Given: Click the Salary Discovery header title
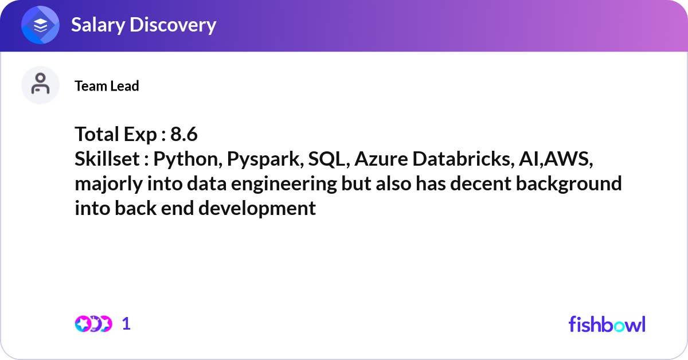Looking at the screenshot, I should [x=143, y=25].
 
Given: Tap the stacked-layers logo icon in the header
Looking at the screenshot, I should [x=41, y=25].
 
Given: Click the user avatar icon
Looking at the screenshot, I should [x=40, y=85].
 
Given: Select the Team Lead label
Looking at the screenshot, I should [x=107, y=86].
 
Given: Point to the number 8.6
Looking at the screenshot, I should [x=184, y=135].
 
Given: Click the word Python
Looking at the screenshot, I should [x=187, y=159].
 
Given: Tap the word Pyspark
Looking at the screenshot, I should [x=264, y=159].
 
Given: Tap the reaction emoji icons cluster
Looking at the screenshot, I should [x=93, y=324].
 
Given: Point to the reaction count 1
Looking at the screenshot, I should [x=127, y=324].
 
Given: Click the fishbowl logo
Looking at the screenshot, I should [x=607, y=324].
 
